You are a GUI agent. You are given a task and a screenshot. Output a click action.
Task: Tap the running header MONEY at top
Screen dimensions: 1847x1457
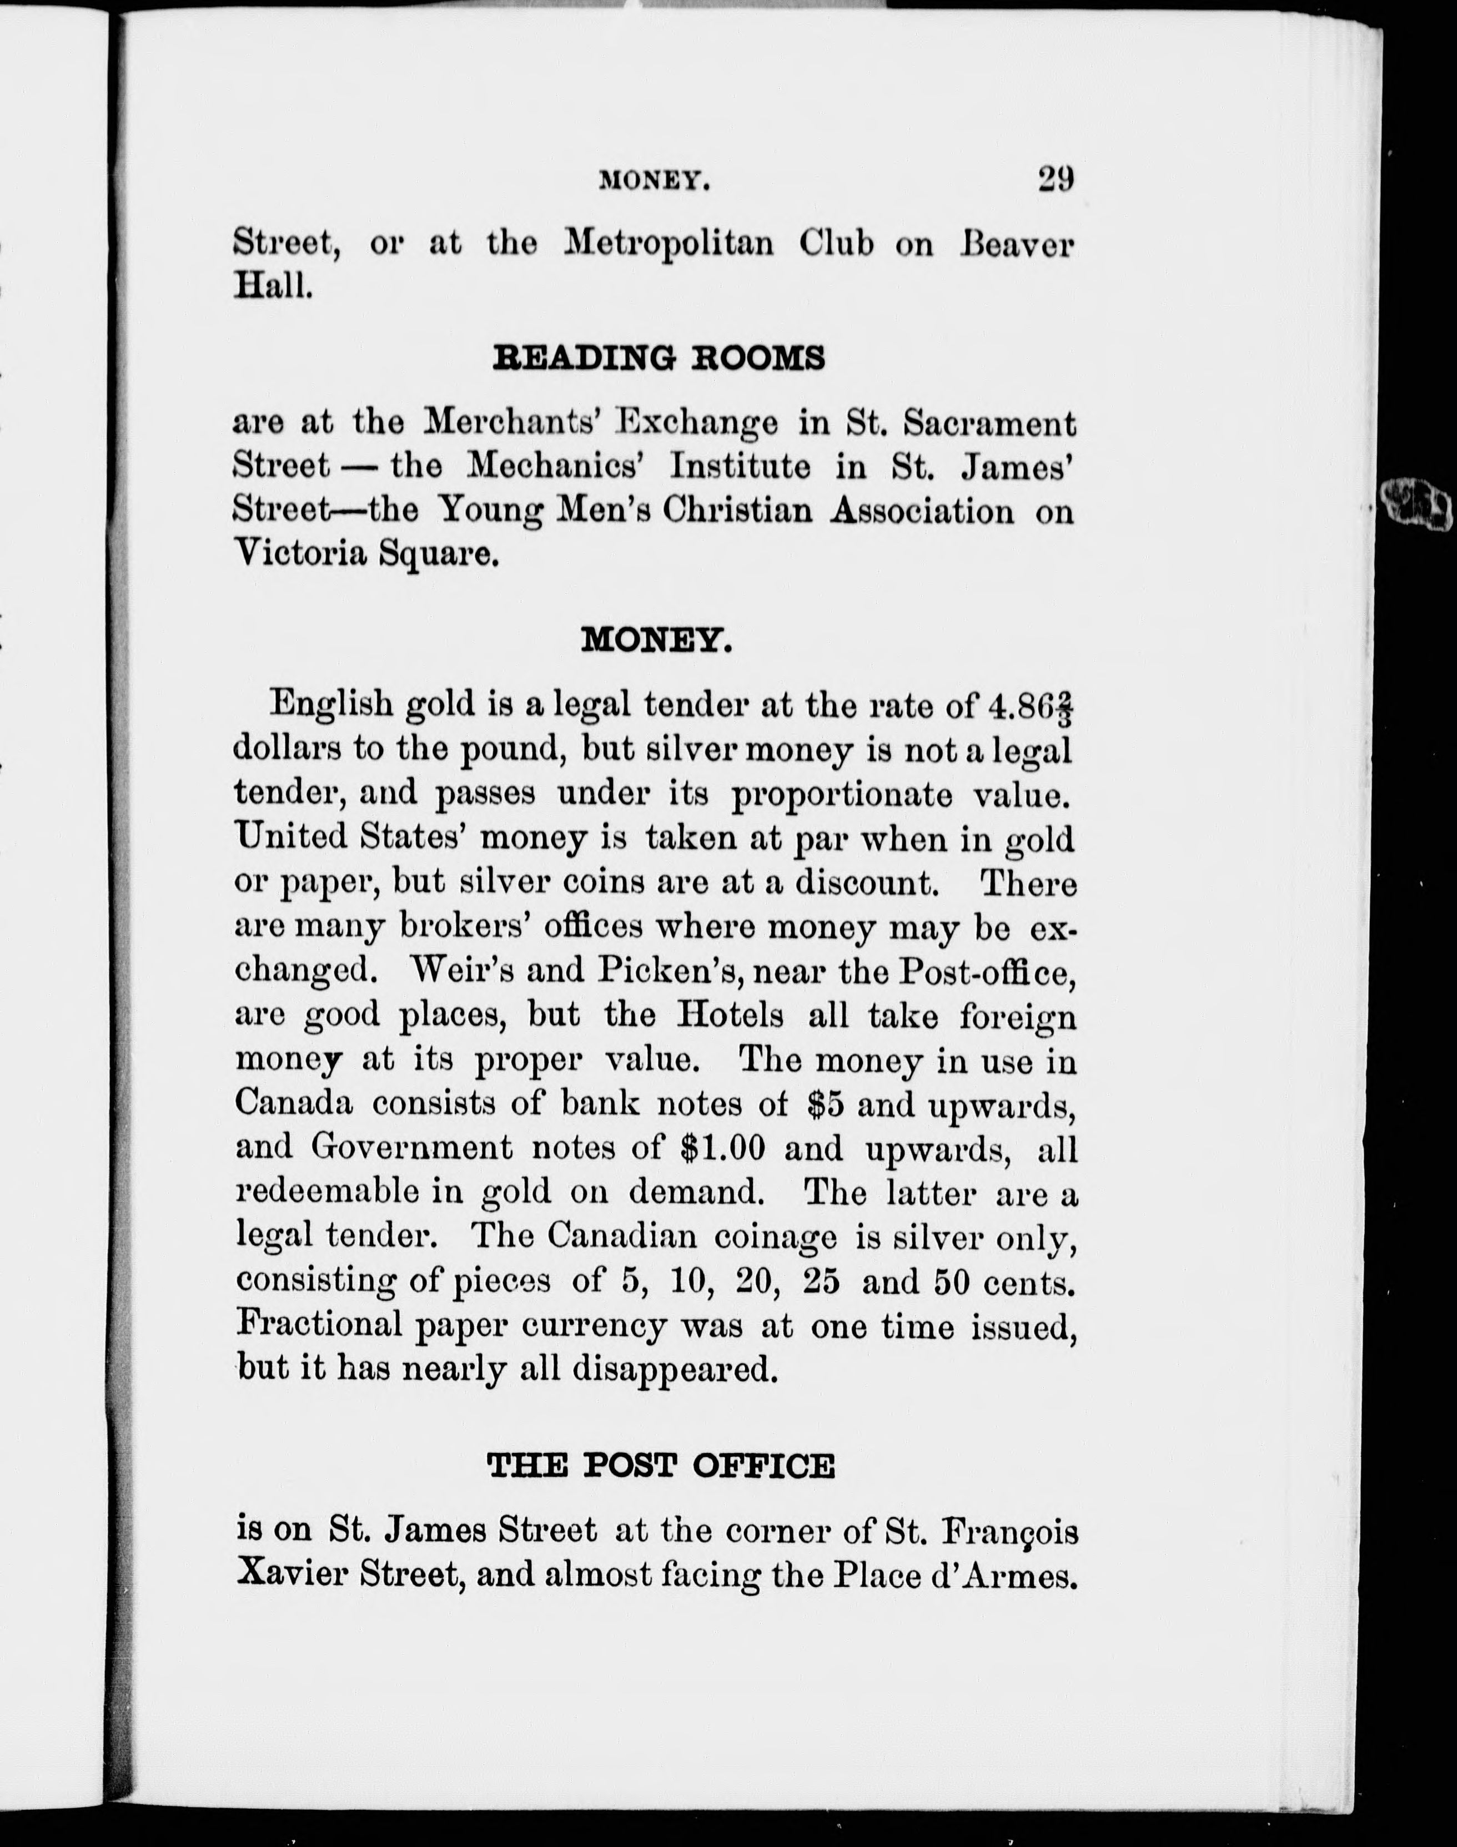tap(655, 181)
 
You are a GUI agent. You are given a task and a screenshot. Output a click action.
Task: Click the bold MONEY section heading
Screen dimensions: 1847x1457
tap(657, 639)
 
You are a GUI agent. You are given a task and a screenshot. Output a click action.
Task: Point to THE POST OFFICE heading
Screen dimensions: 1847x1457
tap(660, 1466)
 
